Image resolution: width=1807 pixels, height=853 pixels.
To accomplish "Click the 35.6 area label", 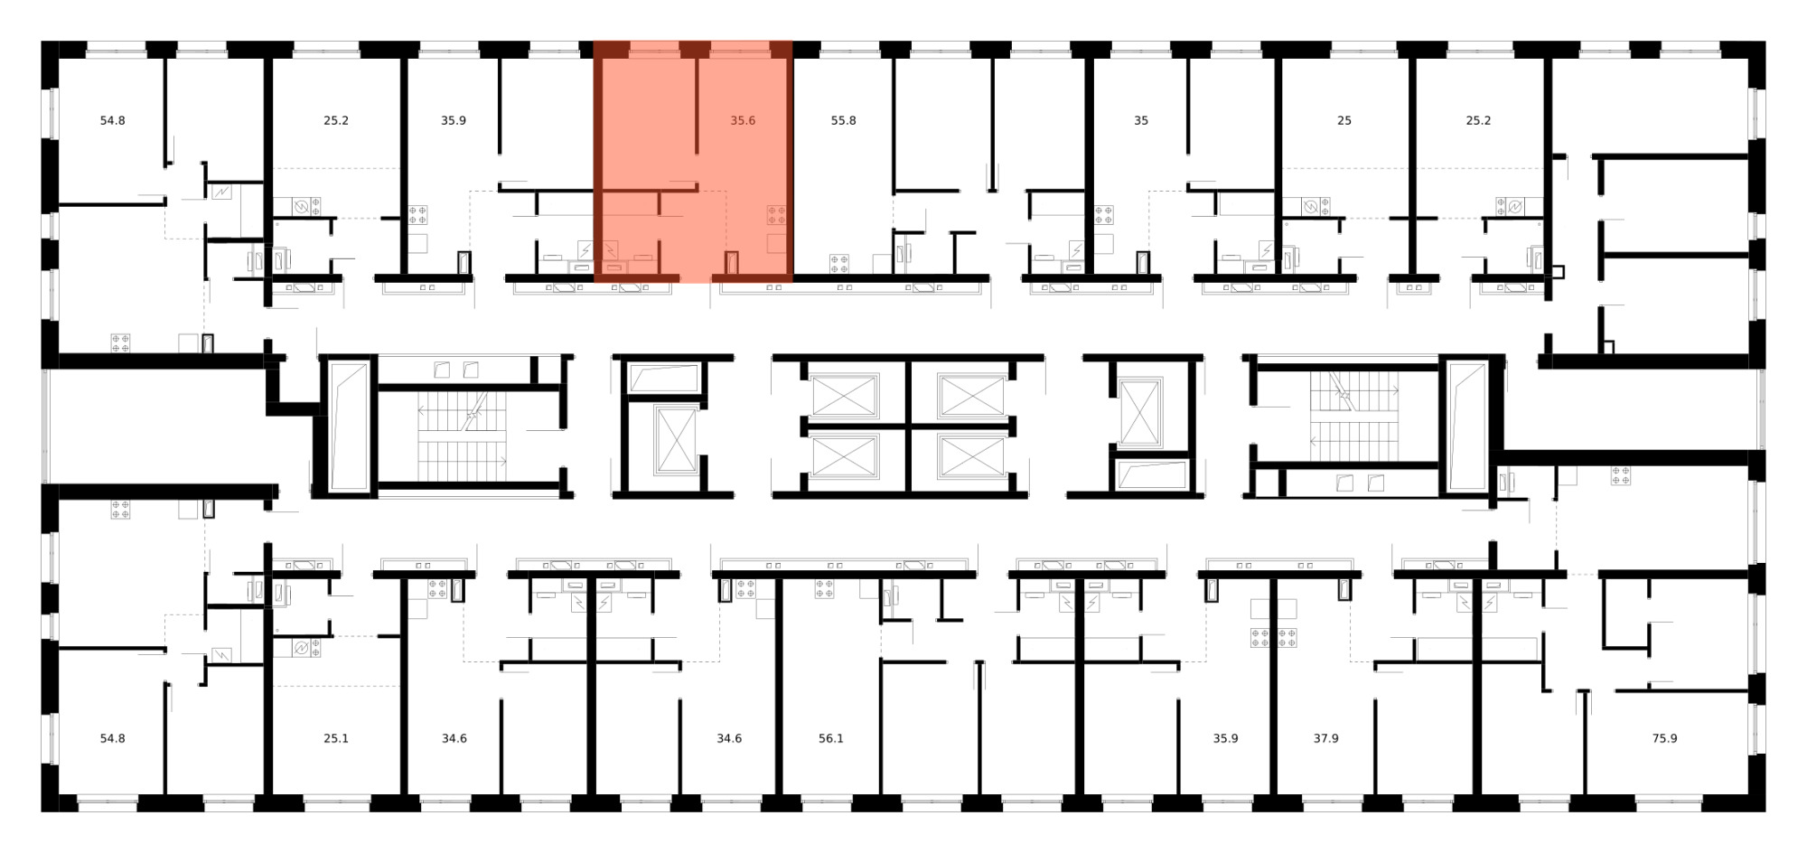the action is tap(743, 120).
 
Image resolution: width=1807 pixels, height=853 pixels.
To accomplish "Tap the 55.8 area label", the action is tap(843, 120).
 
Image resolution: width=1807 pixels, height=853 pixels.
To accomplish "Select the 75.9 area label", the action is tap(1664, 738).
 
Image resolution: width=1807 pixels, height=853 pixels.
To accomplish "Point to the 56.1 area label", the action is tap(830, 738).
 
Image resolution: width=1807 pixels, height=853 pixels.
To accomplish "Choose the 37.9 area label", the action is tap(1325, 738).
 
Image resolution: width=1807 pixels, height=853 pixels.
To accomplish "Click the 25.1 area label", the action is tap(335, 738).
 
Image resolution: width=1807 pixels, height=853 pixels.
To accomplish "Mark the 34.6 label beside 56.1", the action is tap(729, 738).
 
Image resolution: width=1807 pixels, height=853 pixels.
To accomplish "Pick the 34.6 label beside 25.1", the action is tap(454, 738).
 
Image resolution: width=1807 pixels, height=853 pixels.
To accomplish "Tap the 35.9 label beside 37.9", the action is tap(1225, 738).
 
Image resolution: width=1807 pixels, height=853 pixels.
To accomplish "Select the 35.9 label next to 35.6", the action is tap(453, 120).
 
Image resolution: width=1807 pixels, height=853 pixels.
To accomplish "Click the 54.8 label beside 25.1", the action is tap(112, 738).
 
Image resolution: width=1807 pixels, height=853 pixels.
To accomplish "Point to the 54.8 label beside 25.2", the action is tap(112, 120).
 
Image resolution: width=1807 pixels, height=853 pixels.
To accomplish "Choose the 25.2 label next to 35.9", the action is tap(335, 120).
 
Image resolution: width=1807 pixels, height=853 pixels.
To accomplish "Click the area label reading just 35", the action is tap(1141, 120).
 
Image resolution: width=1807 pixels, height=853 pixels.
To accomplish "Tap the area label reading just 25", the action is tap(1344, 120).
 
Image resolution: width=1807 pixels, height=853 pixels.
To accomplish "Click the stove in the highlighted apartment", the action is tap(776, 215).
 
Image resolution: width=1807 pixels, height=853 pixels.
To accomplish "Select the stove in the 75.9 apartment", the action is tap(1620, 475).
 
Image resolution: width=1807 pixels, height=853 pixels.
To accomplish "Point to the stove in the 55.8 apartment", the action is tap(839, 264).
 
